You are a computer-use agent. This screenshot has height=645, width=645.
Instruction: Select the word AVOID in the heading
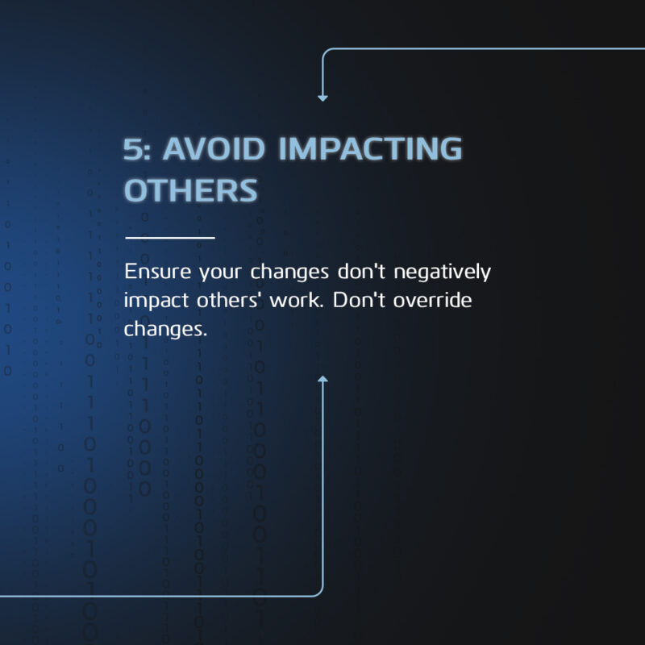click(214, 148)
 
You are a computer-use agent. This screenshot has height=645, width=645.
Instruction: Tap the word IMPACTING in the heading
click(370, 148)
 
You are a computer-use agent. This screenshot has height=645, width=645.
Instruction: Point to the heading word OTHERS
click(191, 190)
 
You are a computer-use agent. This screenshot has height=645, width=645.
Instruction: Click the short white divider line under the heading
click(170, 238)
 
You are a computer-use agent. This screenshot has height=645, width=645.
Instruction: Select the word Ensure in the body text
click(158, 272)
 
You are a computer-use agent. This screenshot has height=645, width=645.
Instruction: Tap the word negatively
click(442, 273)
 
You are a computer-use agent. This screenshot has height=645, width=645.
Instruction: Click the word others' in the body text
click(228, 300)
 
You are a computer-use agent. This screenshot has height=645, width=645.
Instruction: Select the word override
click(432, 300)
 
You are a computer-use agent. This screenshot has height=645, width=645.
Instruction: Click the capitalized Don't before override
click(359, 300)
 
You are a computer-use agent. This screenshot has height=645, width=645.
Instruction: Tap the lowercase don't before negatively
click(361, 272)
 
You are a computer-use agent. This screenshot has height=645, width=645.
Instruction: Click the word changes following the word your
click(289, 273)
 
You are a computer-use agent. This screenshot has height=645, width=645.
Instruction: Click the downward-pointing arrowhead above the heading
click(323, 98)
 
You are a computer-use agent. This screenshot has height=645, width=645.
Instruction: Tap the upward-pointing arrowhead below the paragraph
click(323, 379)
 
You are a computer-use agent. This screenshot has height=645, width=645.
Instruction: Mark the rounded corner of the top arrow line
click(327, 52)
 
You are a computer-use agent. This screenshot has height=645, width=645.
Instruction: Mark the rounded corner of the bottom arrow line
click(319, 592)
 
